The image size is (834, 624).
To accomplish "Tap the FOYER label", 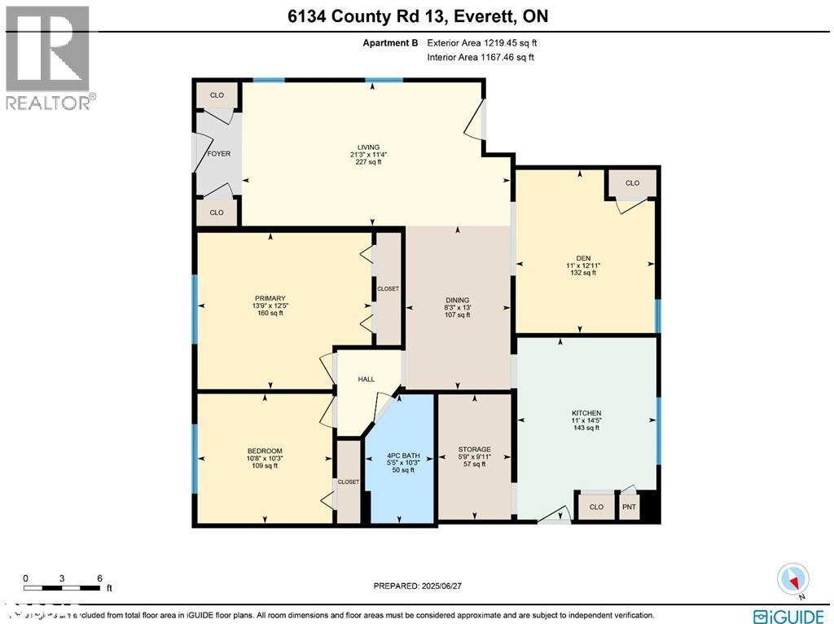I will (218, 153).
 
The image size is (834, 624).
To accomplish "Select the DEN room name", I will (583, 257).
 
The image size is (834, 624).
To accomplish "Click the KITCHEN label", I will (586, 413).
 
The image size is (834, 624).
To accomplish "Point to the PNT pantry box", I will (630, 507).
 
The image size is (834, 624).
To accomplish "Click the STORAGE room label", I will (474, 450).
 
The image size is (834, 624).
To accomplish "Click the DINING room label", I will (457, 300).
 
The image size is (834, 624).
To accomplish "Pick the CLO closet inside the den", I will (632, 183).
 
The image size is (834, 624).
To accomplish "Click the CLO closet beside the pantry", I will (596, 507).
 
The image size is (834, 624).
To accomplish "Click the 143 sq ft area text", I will (586, 428).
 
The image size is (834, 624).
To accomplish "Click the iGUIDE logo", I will (788, 615).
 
